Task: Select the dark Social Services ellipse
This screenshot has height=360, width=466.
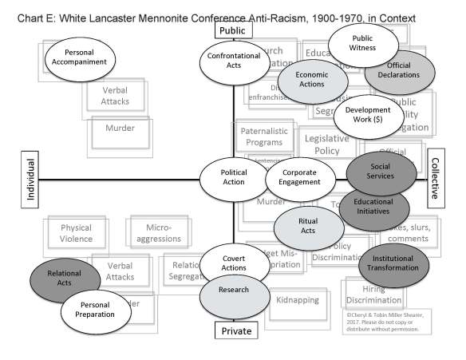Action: [380, 175]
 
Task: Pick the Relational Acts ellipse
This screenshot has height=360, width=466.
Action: [65, 279]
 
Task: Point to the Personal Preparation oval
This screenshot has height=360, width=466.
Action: [95, 310]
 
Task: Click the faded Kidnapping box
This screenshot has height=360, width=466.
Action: [297, 301]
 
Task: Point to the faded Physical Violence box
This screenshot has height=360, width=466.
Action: [77, 233]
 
